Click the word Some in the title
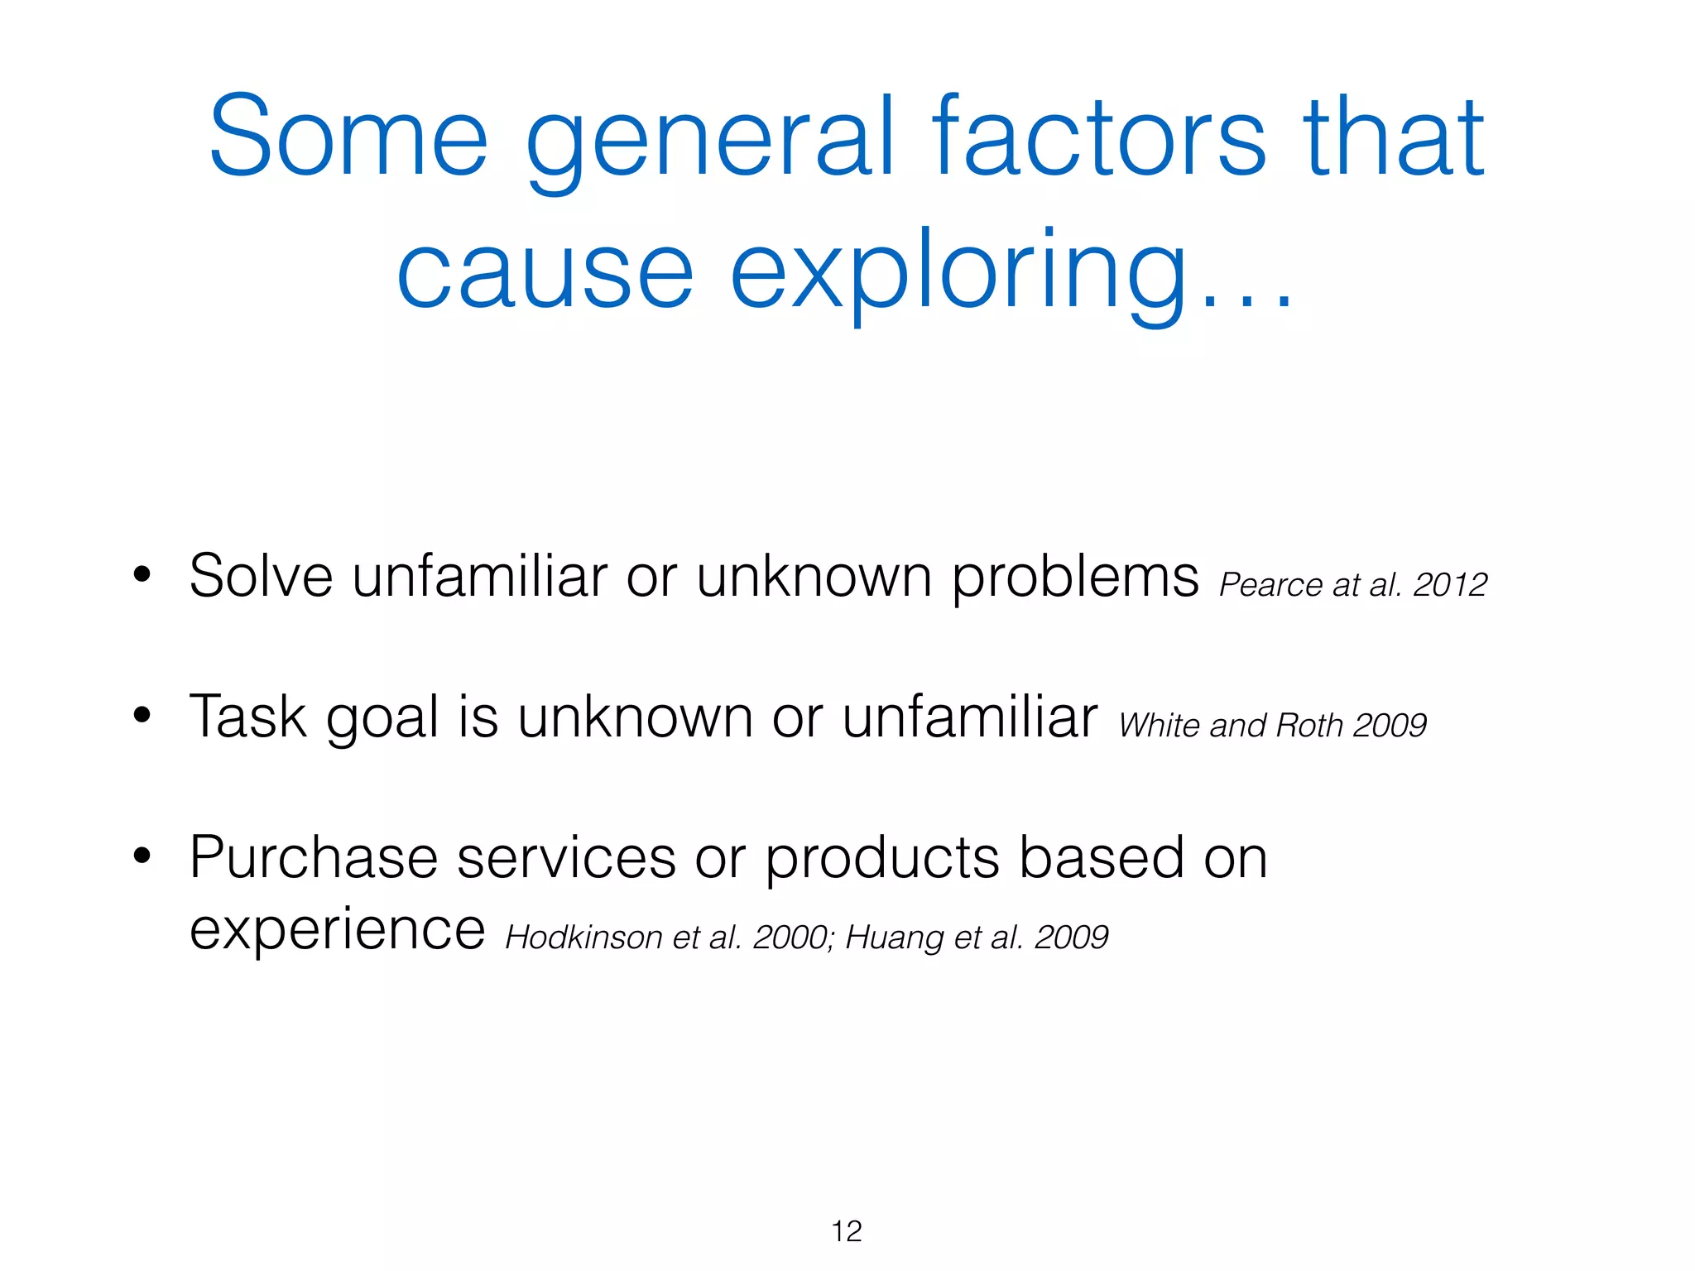tap(348, 137)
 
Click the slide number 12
tap(847, 1231)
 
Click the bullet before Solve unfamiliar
tap(142, 574)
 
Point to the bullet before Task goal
tap(142, 715)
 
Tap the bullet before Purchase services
tap(142, 856)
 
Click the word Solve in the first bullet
tap(261, 576)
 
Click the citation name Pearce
tap(1270, 585)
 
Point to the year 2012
tap(1450, 585)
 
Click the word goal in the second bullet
tap(382, 718)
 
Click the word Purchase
tap(313, 857)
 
